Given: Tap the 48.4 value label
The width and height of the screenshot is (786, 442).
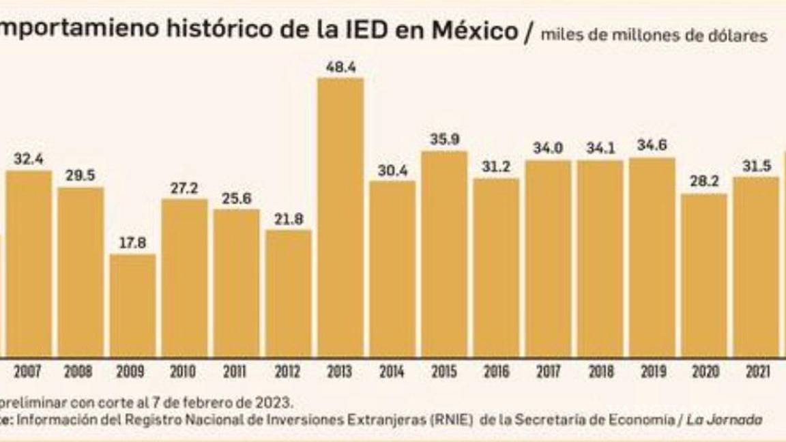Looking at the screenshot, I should click(340, 68).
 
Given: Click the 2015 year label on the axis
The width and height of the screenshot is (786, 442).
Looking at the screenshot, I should click(444, 372).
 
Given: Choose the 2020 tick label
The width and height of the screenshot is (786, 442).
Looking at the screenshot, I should click(704, 372).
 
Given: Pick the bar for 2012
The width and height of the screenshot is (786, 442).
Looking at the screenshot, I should click(289, 293).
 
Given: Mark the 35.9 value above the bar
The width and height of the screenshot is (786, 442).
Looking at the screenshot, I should click(444, 141).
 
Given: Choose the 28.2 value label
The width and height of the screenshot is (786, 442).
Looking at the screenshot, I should click(704, 184).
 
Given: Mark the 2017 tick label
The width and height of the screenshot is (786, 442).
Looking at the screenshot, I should click(548, 372).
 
